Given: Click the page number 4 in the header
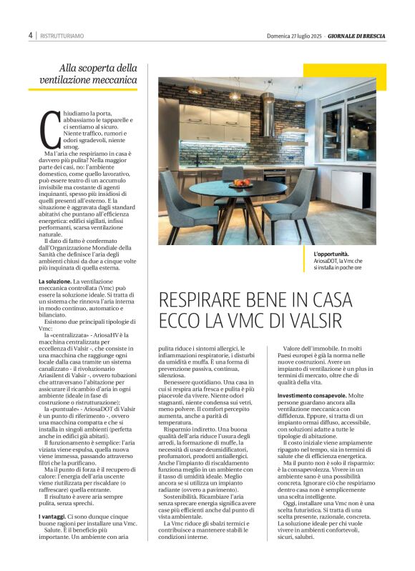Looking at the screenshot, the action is click(x=31, y=34).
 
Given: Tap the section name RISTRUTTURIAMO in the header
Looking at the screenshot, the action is click(x=62, y=35).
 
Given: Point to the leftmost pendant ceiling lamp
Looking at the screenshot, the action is click(x=195, y=89).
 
